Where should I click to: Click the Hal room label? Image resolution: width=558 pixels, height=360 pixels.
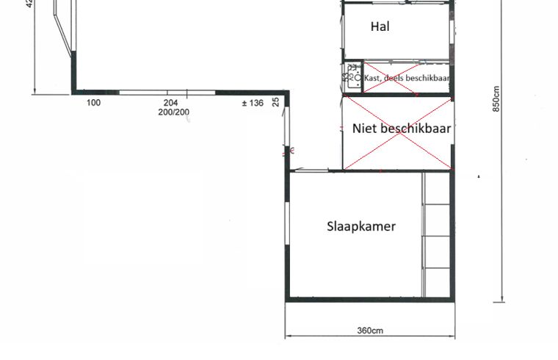[x=380, y=27]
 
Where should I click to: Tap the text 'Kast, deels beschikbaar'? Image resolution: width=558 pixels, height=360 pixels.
[x=407, y=77]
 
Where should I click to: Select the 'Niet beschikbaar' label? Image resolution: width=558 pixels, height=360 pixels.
[x=401, y=128]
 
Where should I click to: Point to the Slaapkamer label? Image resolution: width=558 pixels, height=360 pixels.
[x=360, y=226]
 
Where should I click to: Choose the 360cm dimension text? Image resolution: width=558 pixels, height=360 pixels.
[x=370, y=331]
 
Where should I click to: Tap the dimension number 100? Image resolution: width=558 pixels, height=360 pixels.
[x=93, y=103]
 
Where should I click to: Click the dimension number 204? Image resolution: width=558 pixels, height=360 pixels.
[x=171, y=103]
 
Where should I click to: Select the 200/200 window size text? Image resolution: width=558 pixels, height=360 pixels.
[x=173, y=112]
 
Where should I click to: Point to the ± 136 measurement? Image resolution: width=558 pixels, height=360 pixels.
[x=252, y=103]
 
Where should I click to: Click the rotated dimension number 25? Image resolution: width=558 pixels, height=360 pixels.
[x=276, y=101]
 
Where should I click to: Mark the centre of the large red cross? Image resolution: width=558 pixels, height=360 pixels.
[x=397, y=133]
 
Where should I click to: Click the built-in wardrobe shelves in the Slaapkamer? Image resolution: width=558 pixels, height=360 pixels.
[x=438, y=235]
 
